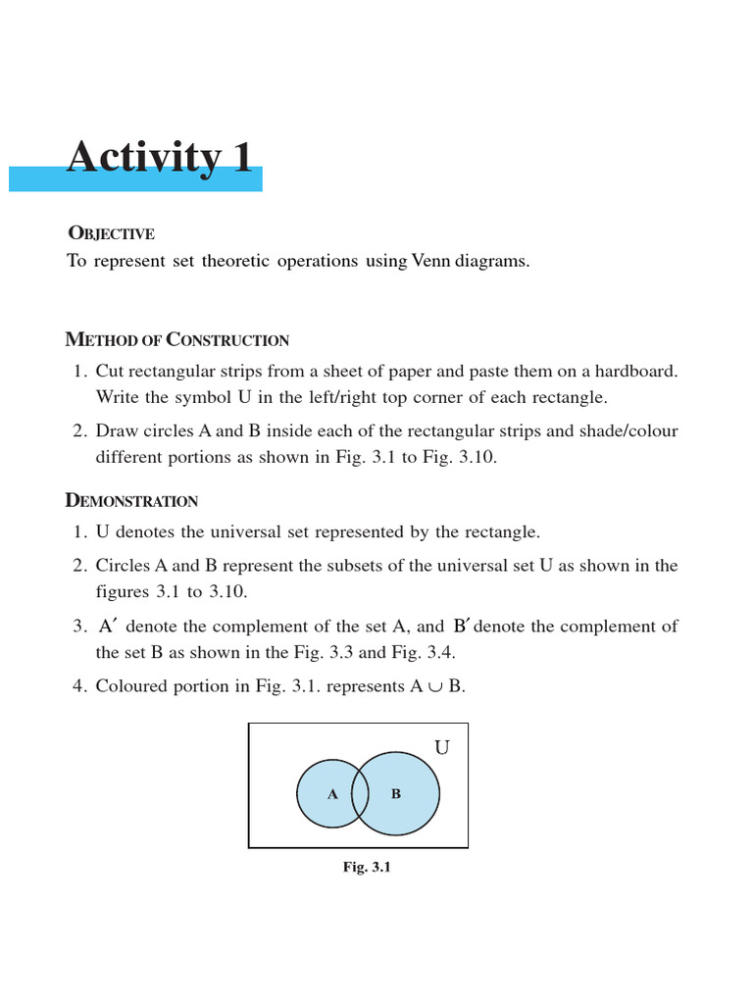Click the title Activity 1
(x=159, y=158)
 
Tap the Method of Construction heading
(x=176, y=340)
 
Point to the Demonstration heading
(x=131, y=501)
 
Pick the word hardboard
(x=632, y=372)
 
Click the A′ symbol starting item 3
(x=109, y=626)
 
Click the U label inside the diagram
(x=442, y=748)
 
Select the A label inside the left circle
(x=332, y=794)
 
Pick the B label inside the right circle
(x=396, y=794)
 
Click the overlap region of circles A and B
(x=360, y=792)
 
